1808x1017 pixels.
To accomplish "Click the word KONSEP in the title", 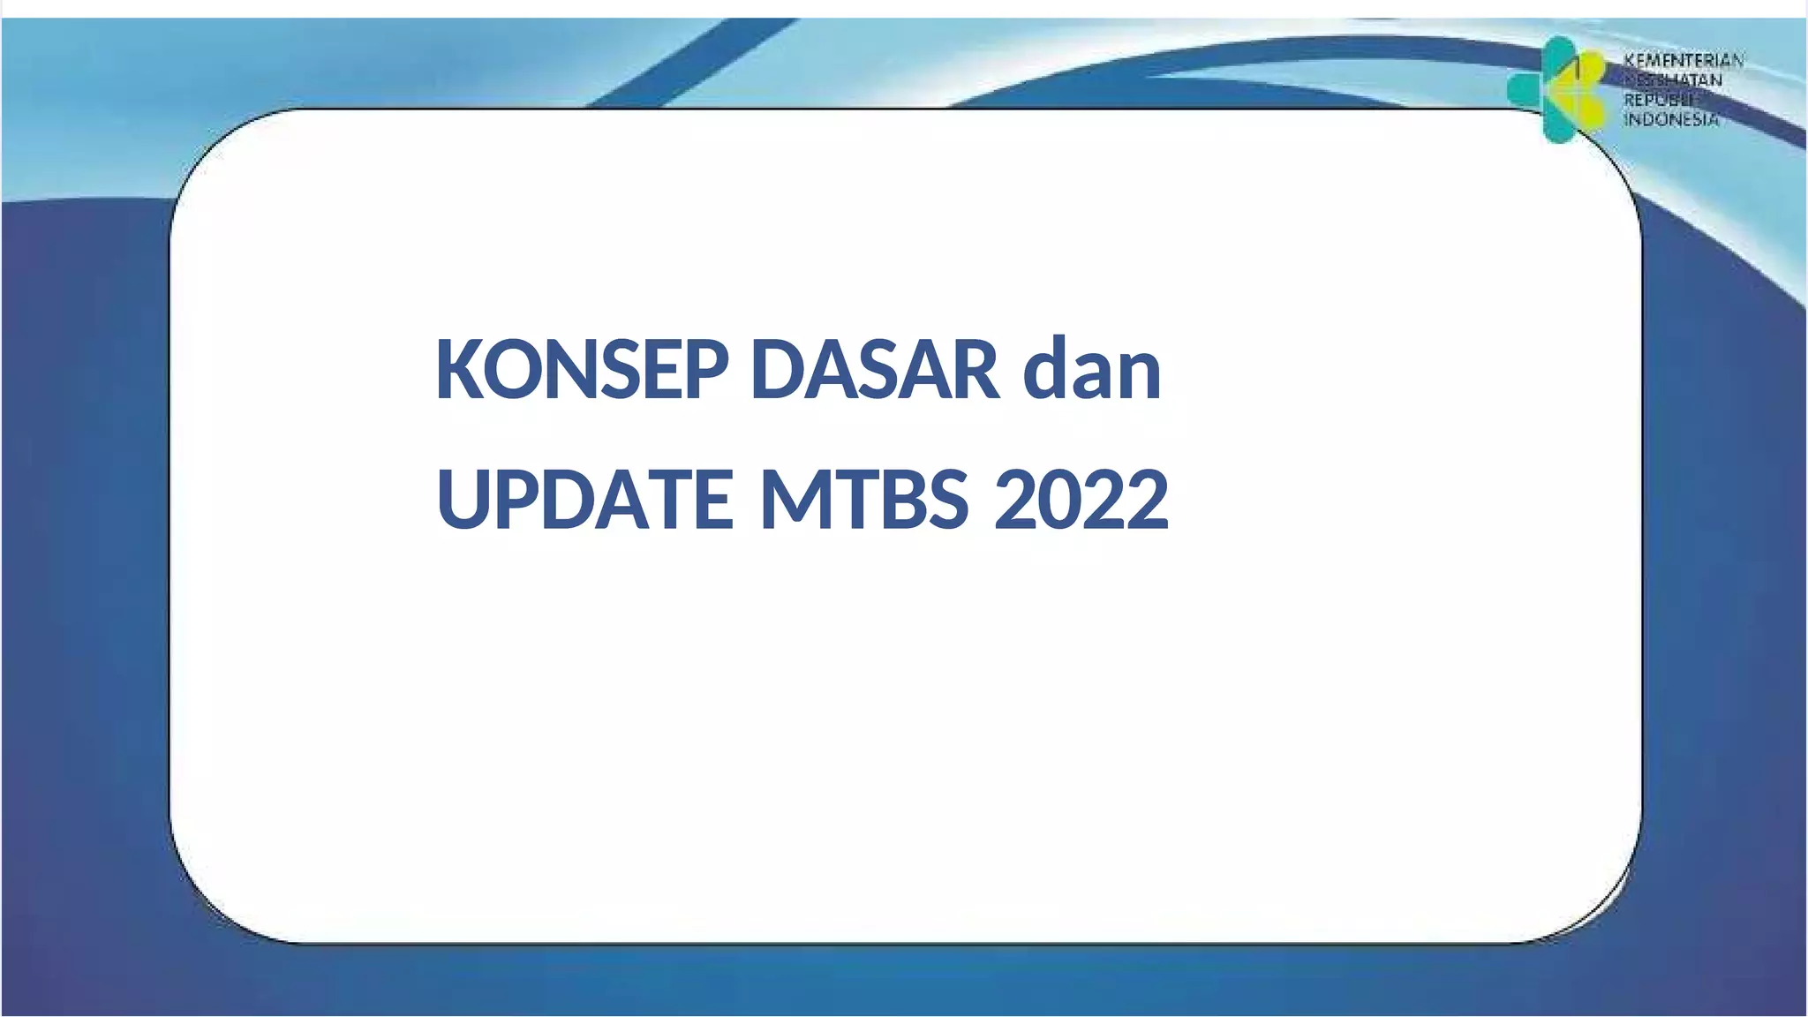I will click(x=582, y=370).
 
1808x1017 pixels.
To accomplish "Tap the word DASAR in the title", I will click(x=875, y=370).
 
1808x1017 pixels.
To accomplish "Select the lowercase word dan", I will click(x=1092, y=370).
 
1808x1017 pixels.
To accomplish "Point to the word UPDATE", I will click(x=584, y=500).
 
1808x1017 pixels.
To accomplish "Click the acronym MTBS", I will click(x=864, y=500).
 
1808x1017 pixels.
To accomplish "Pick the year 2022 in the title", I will click(x=1081, y=500).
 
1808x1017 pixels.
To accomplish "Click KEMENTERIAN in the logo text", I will click(x=1684, y=60).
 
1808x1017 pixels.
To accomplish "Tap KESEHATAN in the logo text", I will click(x=1673, y=80).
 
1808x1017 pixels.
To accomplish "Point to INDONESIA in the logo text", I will click(x=1671, y=119).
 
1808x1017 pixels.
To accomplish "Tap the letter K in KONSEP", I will click(x=458, y=370).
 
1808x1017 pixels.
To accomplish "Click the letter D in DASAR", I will click(x=776, y=370).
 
